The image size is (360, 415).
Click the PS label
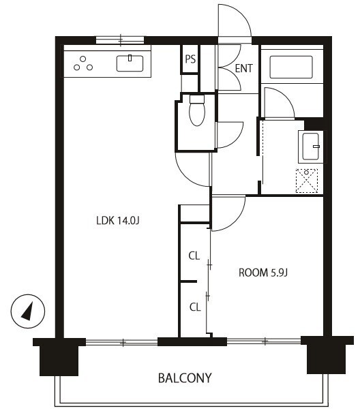190,59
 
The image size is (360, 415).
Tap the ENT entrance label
243,68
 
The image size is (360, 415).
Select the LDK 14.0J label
118,221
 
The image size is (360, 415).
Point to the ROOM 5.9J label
263,273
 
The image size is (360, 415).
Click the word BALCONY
185,378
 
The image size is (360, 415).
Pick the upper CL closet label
194,256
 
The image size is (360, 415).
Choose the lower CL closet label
195,307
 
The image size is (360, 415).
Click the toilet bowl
197,110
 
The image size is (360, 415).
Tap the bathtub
291,67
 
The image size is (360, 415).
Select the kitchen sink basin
130,63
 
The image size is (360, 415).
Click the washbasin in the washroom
310,147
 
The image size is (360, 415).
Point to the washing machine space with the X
307,181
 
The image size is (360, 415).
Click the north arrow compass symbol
28,311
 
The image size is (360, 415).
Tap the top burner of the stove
83,59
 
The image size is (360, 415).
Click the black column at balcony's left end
59,356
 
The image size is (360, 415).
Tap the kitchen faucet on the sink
130,58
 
